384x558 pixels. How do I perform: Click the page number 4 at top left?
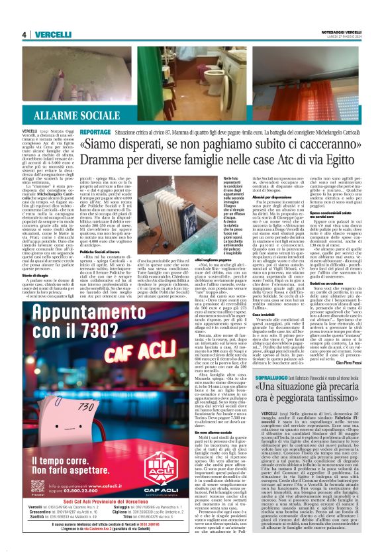click(23, 34)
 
